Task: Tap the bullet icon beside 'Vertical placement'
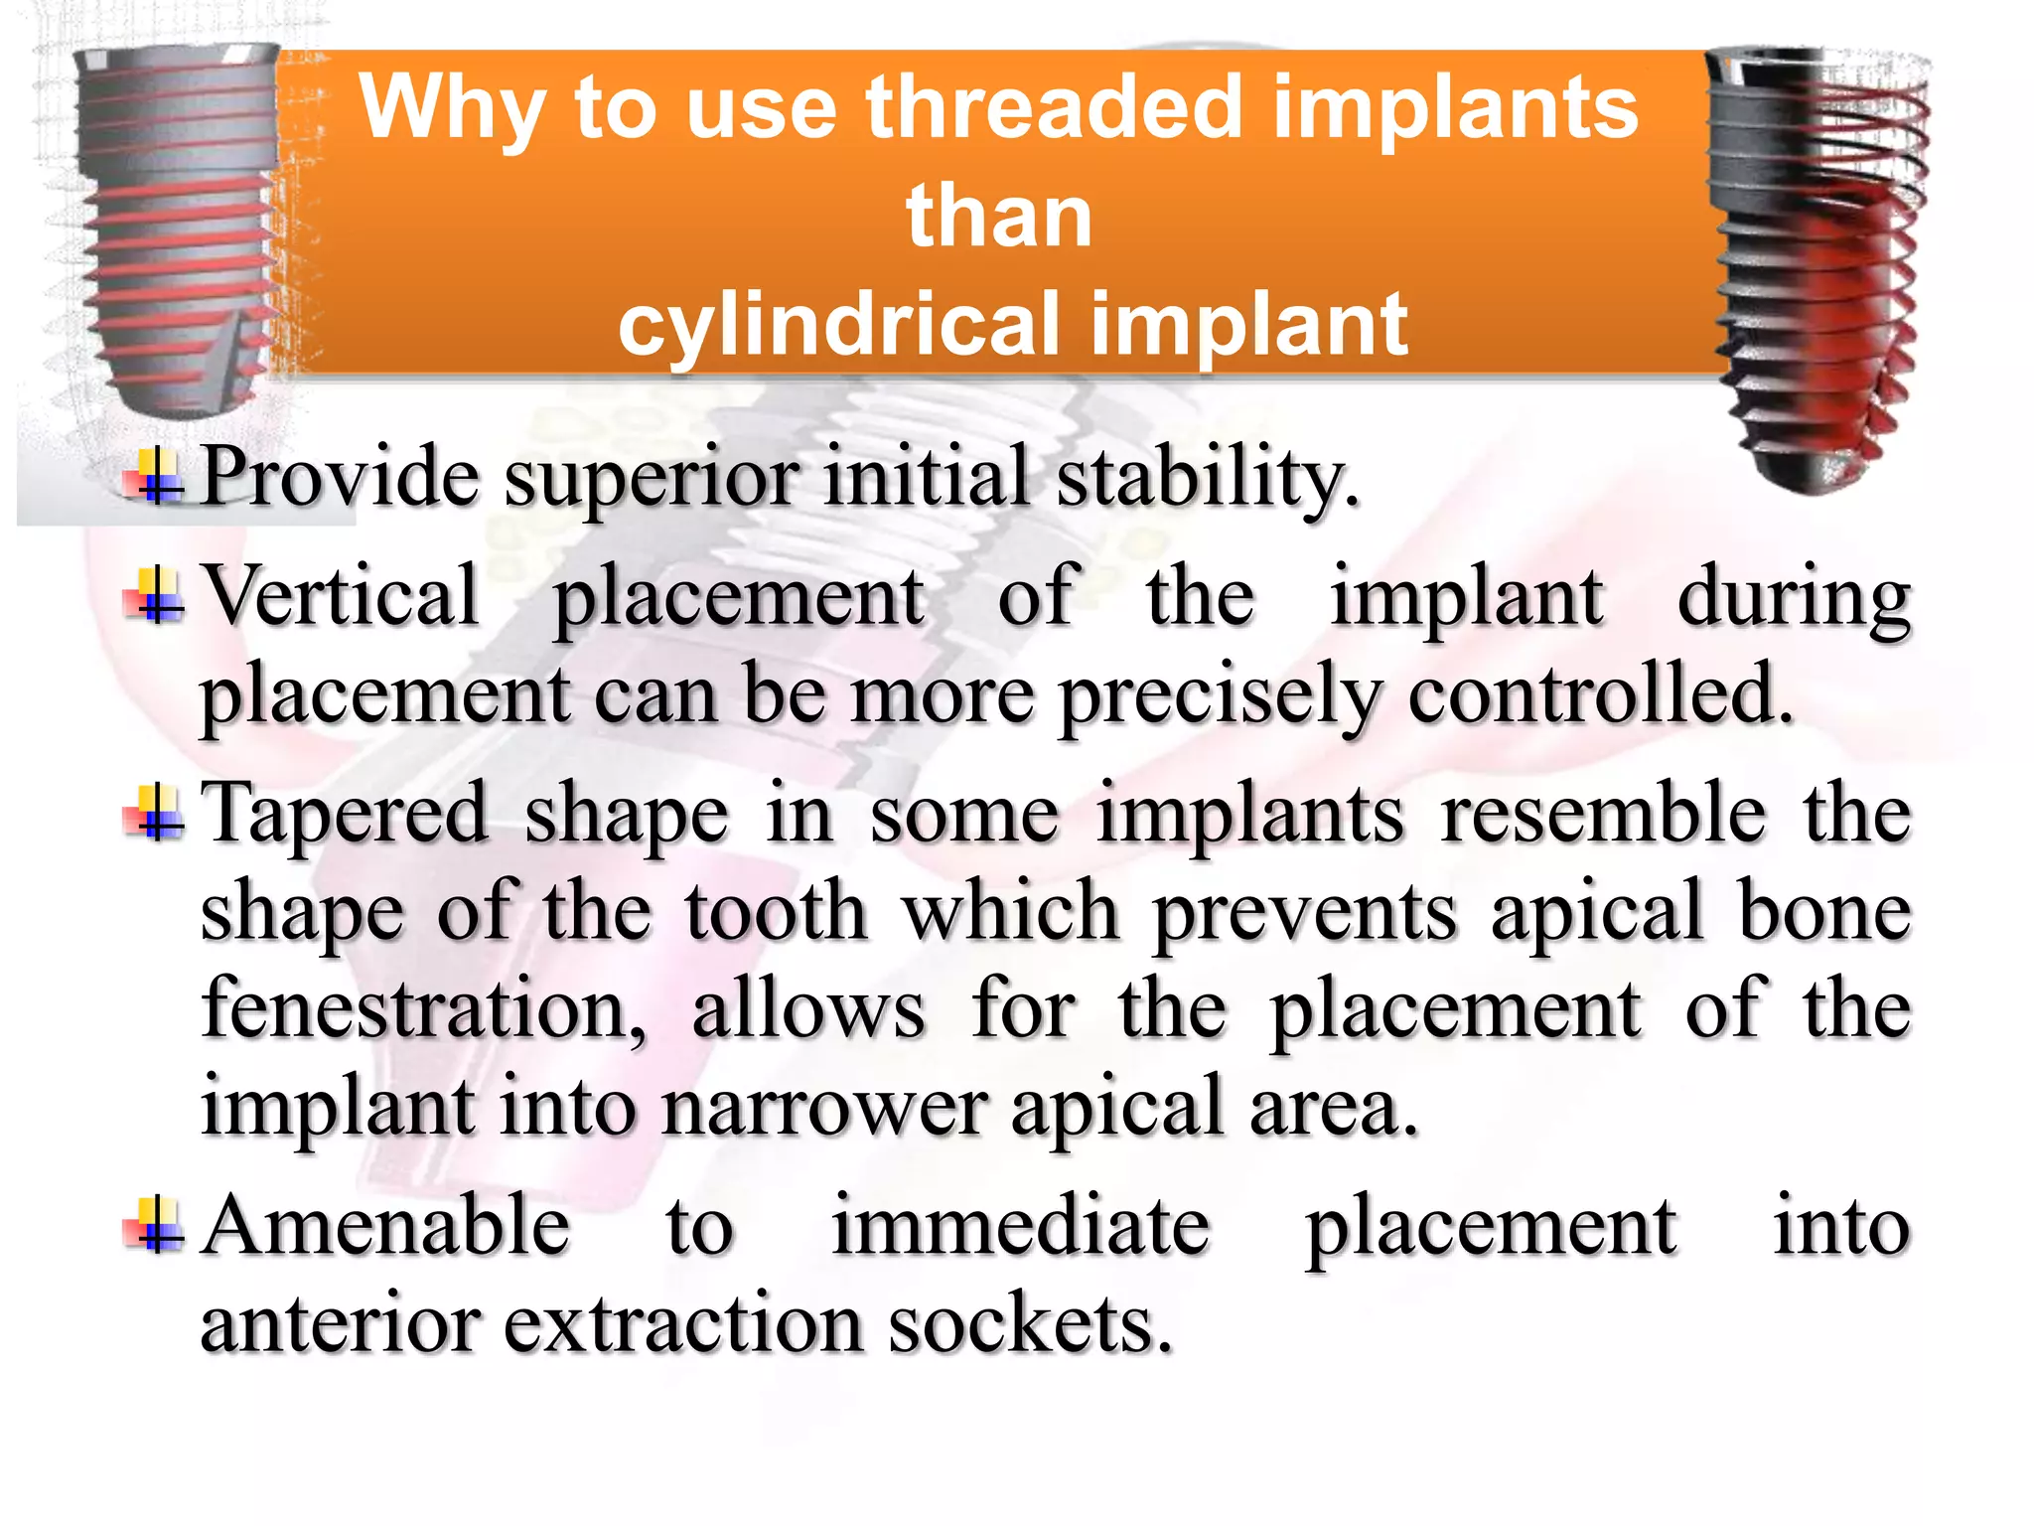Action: [156, 596]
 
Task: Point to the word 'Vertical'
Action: [342, 596]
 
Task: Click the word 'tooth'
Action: [776, 912]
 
